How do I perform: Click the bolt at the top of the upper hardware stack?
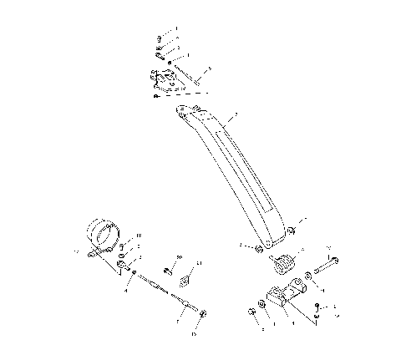tap(159, 38)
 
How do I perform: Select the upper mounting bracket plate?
tap(165, 82)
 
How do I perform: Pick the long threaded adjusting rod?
tap(170, 292)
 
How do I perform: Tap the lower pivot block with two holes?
tap(283, 297)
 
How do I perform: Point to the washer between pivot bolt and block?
tap(310, 275)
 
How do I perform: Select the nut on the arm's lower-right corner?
tap(291, 231)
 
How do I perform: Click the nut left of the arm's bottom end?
tap(260, 249)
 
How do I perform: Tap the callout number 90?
tap(179, 256)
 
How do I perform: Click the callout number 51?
tap(199, 264)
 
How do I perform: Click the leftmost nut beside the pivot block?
tap(251, 312)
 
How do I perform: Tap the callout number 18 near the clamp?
tap(139, 236)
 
